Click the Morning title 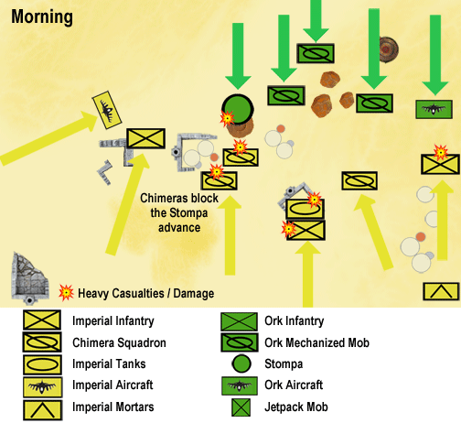coord(43,17)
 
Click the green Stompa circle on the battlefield coord(238,108)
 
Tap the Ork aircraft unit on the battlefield coord(434,109)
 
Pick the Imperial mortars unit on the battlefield coord(441,291)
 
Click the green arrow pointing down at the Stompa coord(239,53)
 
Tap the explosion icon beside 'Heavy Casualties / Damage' coord(65,293)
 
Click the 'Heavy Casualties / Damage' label coord(146,294)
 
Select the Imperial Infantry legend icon coord(42,321)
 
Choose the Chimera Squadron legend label coord(119,342)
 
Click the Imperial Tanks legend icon coord(42,364)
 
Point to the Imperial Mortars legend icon coord(42,407)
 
